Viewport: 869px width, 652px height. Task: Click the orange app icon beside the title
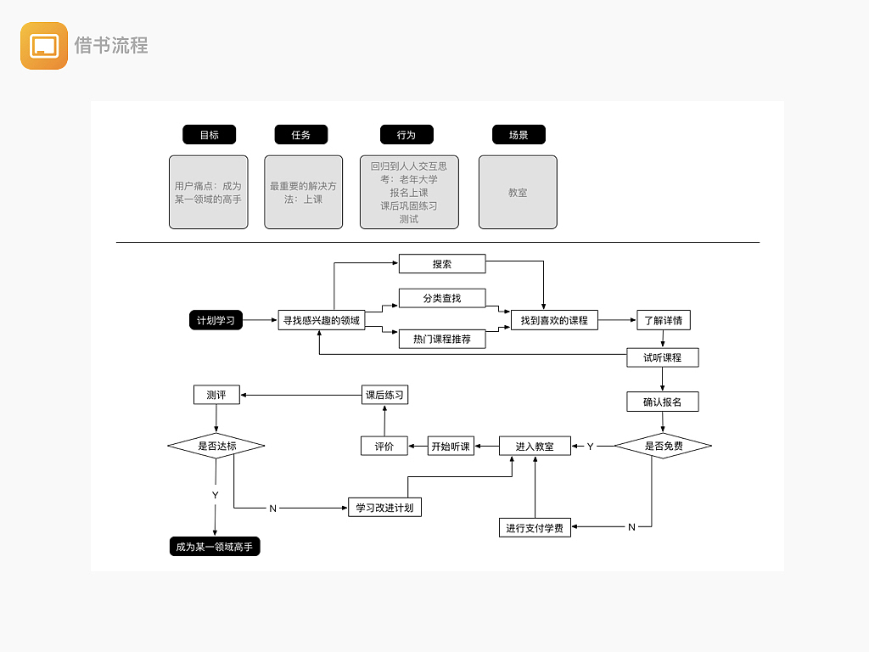(44, 46)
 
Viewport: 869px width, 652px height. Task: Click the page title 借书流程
(111, 46)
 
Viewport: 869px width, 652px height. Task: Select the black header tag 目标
(209, 134)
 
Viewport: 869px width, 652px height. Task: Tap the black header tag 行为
(406, 134)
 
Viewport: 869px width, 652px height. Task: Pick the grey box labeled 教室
(518, 193)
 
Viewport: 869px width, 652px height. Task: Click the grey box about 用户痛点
(209, 193)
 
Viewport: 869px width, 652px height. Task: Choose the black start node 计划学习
(216, 320)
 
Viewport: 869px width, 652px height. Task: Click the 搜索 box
(442, 264)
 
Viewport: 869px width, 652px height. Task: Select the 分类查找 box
(442, 298)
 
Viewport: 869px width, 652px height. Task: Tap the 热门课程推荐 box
(442, 339)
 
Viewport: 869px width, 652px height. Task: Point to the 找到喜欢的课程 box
(554, 320)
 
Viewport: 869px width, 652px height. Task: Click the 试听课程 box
(663, 357)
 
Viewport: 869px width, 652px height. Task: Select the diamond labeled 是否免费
(663, 446)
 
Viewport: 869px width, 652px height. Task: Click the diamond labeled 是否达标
(216, 446)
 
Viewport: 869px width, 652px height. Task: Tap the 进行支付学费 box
(535, 528)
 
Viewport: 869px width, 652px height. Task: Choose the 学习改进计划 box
(385, 508)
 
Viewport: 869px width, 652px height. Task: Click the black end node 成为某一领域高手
(215, 547)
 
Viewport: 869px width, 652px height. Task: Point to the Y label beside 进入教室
(591, 447)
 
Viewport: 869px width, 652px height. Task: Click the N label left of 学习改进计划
(272, 509)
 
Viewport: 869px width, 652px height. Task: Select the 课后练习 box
(384, 395)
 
